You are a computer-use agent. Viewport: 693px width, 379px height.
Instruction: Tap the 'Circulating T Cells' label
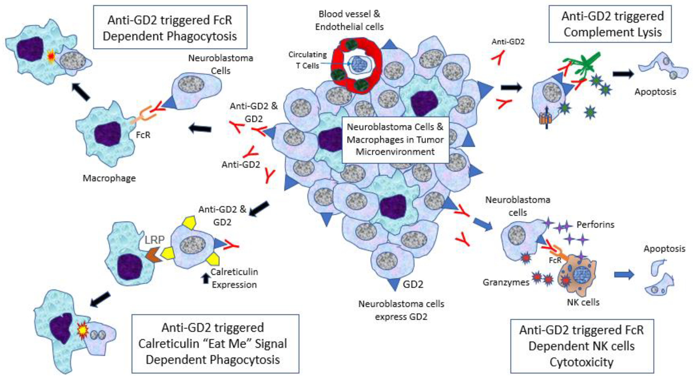point(308,60)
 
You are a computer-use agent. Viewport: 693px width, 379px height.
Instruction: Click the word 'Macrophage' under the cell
point(109,178)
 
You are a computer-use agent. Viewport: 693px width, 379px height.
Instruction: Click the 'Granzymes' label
point(506,282)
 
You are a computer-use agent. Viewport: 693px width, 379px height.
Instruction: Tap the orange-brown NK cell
point(578,277)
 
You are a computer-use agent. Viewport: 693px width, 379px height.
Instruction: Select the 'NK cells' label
point(583,302)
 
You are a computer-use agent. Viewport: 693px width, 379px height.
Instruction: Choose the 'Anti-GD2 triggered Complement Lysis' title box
point(610,24)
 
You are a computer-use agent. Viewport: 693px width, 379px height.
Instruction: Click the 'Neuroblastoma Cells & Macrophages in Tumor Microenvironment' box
point(395,139)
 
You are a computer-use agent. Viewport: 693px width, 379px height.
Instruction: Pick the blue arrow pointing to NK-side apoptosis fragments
point(624,275)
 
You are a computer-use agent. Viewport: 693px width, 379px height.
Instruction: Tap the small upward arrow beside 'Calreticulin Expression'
point(206,278)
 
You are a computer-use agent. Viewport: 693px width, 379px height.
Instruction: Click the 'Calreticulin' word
point(234,272)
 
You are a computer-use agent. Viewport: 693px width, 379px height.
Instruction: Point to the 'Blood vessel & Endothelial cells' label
point(349,20)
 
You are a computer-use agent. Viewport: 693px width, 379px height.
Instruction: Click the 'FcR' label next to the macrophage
point(143,135)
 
